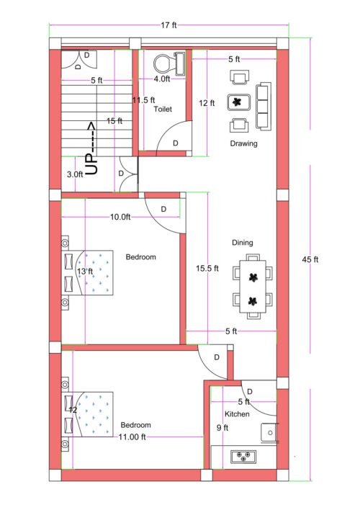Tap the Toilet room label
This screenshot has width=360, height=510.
(162, 109)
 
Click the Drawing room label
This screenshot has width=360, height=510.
(243, 143)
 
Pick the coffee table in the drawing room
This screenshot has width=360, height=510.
(238, 102)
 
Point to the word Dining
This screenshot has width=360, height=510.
(242, 243)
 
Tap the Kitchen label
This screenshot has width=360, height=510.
(237, 415)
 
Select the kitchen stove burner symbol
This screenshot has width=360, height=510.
(244, 455)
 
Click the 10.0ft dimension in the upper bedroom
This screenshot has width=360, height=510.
(120, 217)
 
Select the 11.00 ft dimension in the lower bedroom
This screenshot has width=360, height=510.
(132, 437)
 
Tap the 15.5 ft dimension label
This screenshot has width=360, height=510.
(207, 269)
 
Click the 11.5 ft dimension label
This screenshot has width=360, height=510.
(143, 100)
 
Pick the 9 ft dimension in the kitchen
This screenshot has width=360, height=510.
(222, 428)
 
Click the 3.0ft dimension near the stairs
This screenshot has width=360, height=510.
(74, 174)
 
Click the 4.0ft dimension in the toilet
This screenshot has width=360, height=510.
(162, 79)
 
